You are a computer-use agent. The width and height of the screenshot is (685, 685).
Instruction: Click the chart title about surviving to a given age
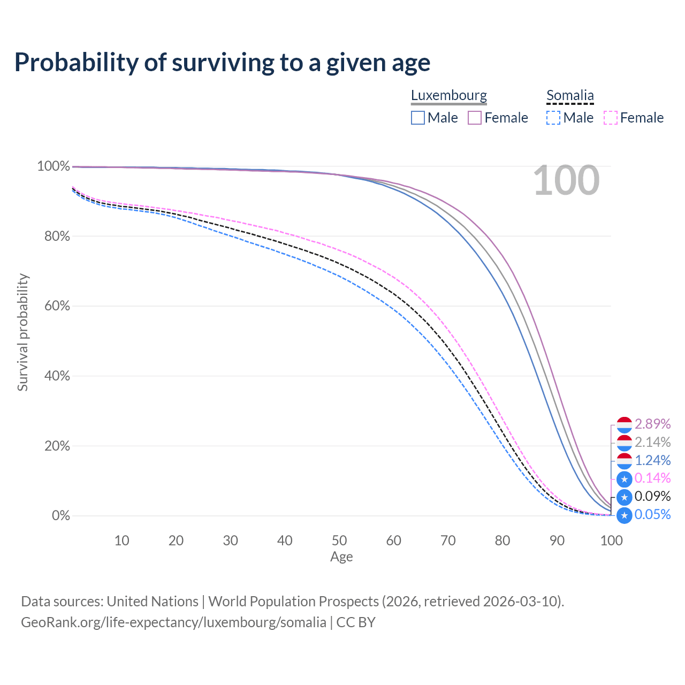click(222, 63)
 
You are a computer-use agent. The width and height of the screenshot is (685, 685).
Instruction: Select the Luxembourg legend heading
click(448, 95)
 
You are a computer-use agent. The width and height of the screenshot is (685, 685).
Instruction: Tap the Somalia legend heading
click(570, 95)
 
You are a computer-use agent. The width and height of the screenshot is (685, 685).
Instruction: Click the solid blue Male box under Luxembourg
click(417, 118)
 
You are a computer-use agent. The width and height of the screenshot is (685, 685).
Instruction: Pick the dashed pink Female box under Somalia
click(611, 118)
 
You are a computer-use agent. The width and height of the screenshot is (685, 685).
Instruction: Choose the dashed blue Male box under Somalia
click(553, 118)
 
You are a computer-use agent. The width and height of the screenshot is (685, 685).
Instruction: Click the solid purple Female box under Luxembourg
click(475, 118)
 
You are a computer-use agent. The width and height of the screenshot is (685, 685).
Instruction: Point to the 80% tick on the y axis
click(57, 236)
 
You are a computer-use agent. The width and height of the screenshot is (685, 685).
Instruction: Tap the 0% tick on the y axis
click(61, 515)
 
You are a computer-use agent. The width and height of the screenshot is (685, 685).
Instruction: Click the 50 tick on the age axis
click(339, 541)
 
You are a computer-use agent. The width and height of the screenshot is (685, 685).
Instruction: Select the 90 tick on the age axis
click(557, 541)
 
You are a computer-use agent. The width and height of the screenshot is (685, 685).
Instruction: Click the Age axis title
click(341, 557)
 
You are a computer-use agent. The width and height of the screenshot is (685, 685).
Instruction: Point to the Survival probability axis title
click(23, 332)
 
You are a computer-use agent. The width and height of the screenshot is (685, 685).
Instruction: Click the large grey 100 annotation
click(566, 180)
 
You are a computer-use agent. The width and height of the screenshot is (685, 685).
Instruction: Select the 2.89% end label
click(652, 424)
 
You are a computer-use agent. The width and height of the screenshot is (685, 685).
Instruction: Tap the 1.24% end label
click(652, 460)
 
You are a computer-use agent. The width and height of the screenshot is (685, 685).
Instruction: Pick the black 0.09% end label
click(652, 496)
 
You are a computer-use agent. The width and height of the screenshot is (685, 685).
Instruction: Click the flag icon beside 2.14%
click(624, 443)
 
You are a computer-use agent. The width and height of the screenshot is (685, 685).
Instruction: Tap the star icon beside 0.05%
click(624, 515)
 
